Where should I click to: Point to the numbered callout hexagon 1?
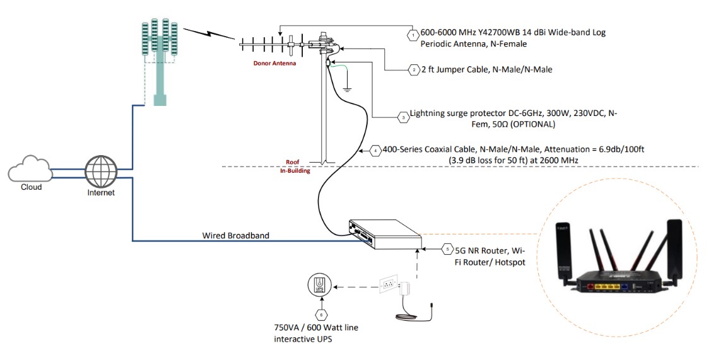point(413,36)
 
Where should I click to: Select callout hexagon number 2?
point(413,69)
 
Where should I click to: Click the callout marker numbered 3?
point(403,117)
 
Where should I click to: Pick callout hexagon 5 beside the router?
point(447,248)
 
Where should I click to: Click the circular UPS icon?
point(319,286)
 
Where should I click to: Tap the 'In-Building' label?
point(295,170)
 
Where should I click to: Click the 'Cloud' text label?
point(31,187)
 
